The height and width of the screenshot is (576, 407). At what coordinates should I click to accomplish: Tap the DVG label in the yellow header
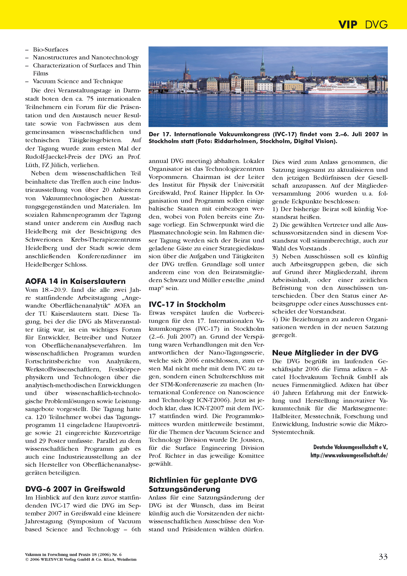click(376, 25)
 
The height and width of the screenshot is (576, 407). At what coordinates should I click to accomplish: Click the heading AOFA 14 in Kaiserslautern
click(75, 281)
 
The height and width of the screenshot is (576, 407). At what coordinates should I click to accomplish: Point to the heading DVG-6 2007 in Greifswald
click(75, 489)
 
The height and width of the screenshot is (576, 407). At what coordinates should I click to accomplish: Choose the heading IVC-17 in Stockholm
click(187, 304)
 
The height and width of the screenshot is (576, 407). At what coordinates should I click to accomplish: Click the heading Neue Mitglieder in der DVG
click(325, 353)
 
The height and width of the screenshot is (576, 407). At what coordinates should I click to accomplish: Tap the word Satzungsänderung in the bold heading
click(184, 489)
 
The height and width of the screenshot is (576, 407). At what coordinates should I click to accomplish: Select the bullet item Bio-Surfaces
click(50, 49)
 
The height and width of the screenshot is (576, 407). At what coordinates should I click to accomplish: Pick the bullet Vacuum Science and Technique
click(78, 81)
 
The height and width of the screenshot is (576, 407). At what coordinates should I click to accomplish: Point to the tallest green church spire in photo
click(263, 63)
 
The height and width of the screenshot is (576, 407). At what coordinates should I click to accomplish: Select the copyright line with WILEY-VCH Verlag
click(81, 559)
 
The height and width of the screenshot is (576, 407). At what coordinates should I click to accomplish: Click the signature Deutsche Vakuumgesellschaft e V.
click(350, 447)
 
